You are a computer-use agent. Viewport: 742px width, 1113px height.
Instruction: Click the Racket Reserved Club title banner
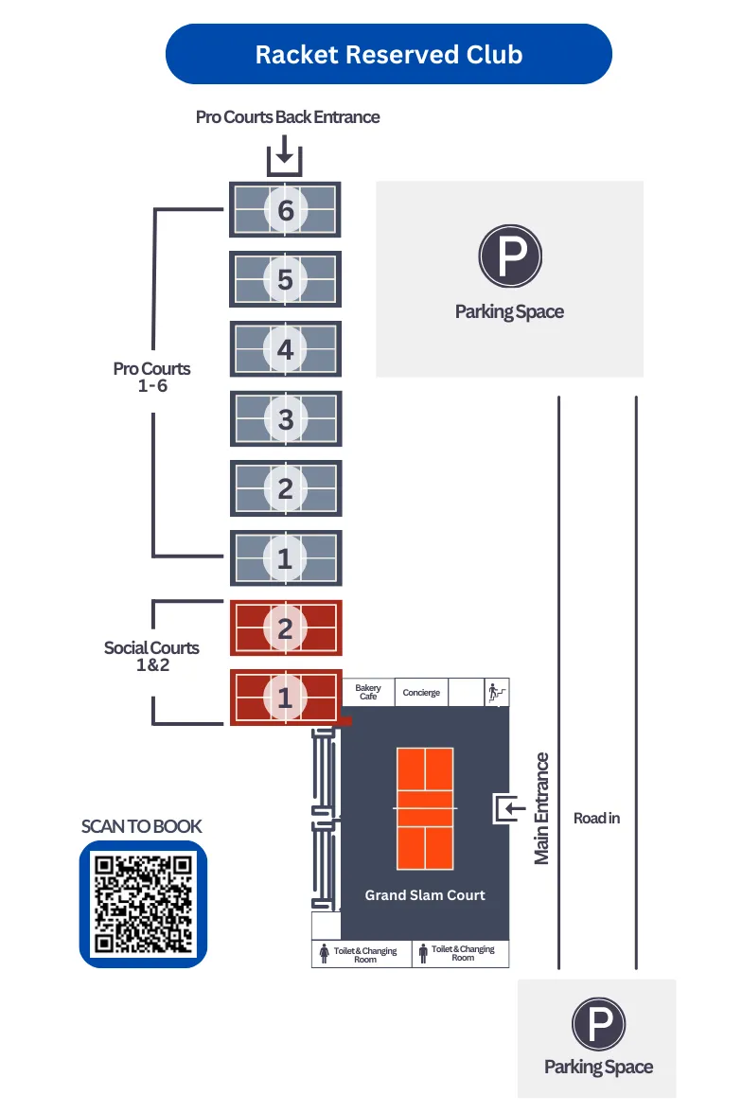click(388, 54)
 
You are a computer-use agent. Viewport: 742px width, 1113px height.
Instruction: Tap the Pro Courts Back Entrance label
click(288, 117)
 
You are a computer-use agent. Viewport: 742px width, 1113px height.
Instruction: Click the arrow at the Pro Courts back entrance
click(284, 153)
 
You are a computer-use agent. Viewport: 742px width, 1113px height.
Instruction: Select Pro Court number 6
click(285, 209)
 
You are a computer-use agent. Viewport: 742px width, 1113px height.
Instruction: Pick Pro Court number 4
click(285, 349)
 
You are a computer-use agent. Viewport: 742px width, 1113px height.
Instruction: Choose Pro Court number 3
click(285, 418)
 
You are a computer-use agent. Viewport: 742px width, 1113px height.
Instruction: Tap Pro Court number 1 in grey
click(285, 558)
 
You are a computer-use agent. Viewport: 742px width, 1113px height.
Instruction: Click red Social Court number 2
click(285, 627)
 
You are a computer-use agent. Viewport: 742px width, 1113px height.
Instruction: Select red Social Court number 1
click(285, 698)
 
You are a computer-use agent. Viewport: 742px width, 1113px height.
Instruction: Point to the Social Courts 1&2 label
click(151, 656)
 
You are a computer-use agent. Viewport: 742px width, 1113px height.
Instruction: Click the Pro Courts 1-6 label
click(151, 377)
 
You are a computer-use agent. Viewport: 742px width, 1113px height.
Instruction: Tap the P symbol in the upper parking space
click(509, 256)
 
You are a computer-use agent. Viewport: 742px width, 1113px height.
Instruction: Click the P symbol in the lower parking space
click(598, 1025)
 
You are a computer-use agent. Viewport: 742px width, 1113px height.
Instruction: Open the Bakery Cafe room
click(368, 692)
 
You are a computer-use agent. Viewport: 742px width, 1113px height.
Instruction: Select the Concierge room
click(421, 693)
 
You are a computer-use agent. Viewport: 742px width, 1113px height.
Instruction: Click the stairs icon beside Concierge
click(497, 692)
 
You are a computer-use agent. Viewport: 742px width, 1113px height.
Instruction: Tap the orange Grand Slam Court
click(425, 808)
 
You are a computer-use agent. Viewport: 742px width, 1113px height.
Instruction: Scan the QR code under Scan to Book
click(143, 904)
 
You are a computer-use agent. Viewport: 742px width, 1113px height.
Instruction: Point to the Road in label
click(596, 818)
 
